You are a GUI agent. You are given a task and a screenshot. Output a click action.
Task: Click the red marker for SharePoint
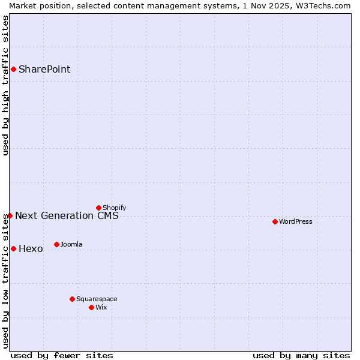tap(13, 69)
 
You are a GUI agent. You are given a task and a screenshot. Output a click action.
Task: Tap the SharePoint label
tap(44, 69)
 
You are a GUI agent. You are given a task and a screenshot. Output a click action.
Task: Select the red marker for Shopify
tap(98, 208)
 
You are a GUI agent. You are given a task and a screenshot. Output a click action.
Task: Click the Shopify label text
tap(114, 208)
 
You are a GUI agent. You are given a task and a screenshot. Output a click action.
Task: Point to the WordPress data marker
tap(275, 221)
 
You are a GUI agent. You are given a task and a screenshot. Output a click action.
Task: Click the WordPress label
tap(296, 221)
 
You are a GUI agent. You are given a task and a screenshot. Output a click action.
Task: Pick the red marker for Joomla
tap(56, 244)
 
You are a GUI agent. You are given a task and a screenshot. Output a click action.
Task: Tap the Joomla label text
tap(71, 244)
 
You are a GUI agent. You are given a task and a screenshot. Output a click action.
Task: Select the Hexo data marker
tap(13, 248)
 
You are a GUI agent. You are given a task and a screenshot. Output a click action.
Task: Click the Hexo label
tap(31, 248)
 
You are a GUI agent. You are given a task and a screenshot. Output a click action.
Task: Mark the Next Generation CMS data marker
tap(10, 215)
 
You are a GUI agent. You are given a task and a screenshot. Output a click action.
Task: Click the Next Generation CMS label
tap(67, 215)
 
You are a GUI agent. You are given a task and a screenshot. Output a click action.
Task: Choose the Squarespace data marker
tap(72, 299)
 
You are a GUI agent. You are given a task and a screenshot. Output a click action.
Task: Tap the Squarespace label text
tap(97, 299)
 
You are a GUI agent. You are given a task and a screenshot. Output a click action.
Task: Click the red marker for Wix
tap(91, 307)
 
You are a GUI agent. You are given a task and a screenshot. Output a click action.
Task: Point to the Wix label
tap(101, 307)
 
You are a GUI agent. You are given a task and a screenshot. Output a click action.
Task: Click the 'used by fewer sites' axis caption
tap(62, 355)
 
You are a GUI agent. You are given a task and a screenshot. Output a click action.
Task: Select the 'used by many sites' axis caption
tap(301, 355)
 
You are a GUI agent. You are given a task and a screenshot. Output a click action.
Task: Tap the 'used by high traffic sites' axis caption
tap(5, 85)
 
